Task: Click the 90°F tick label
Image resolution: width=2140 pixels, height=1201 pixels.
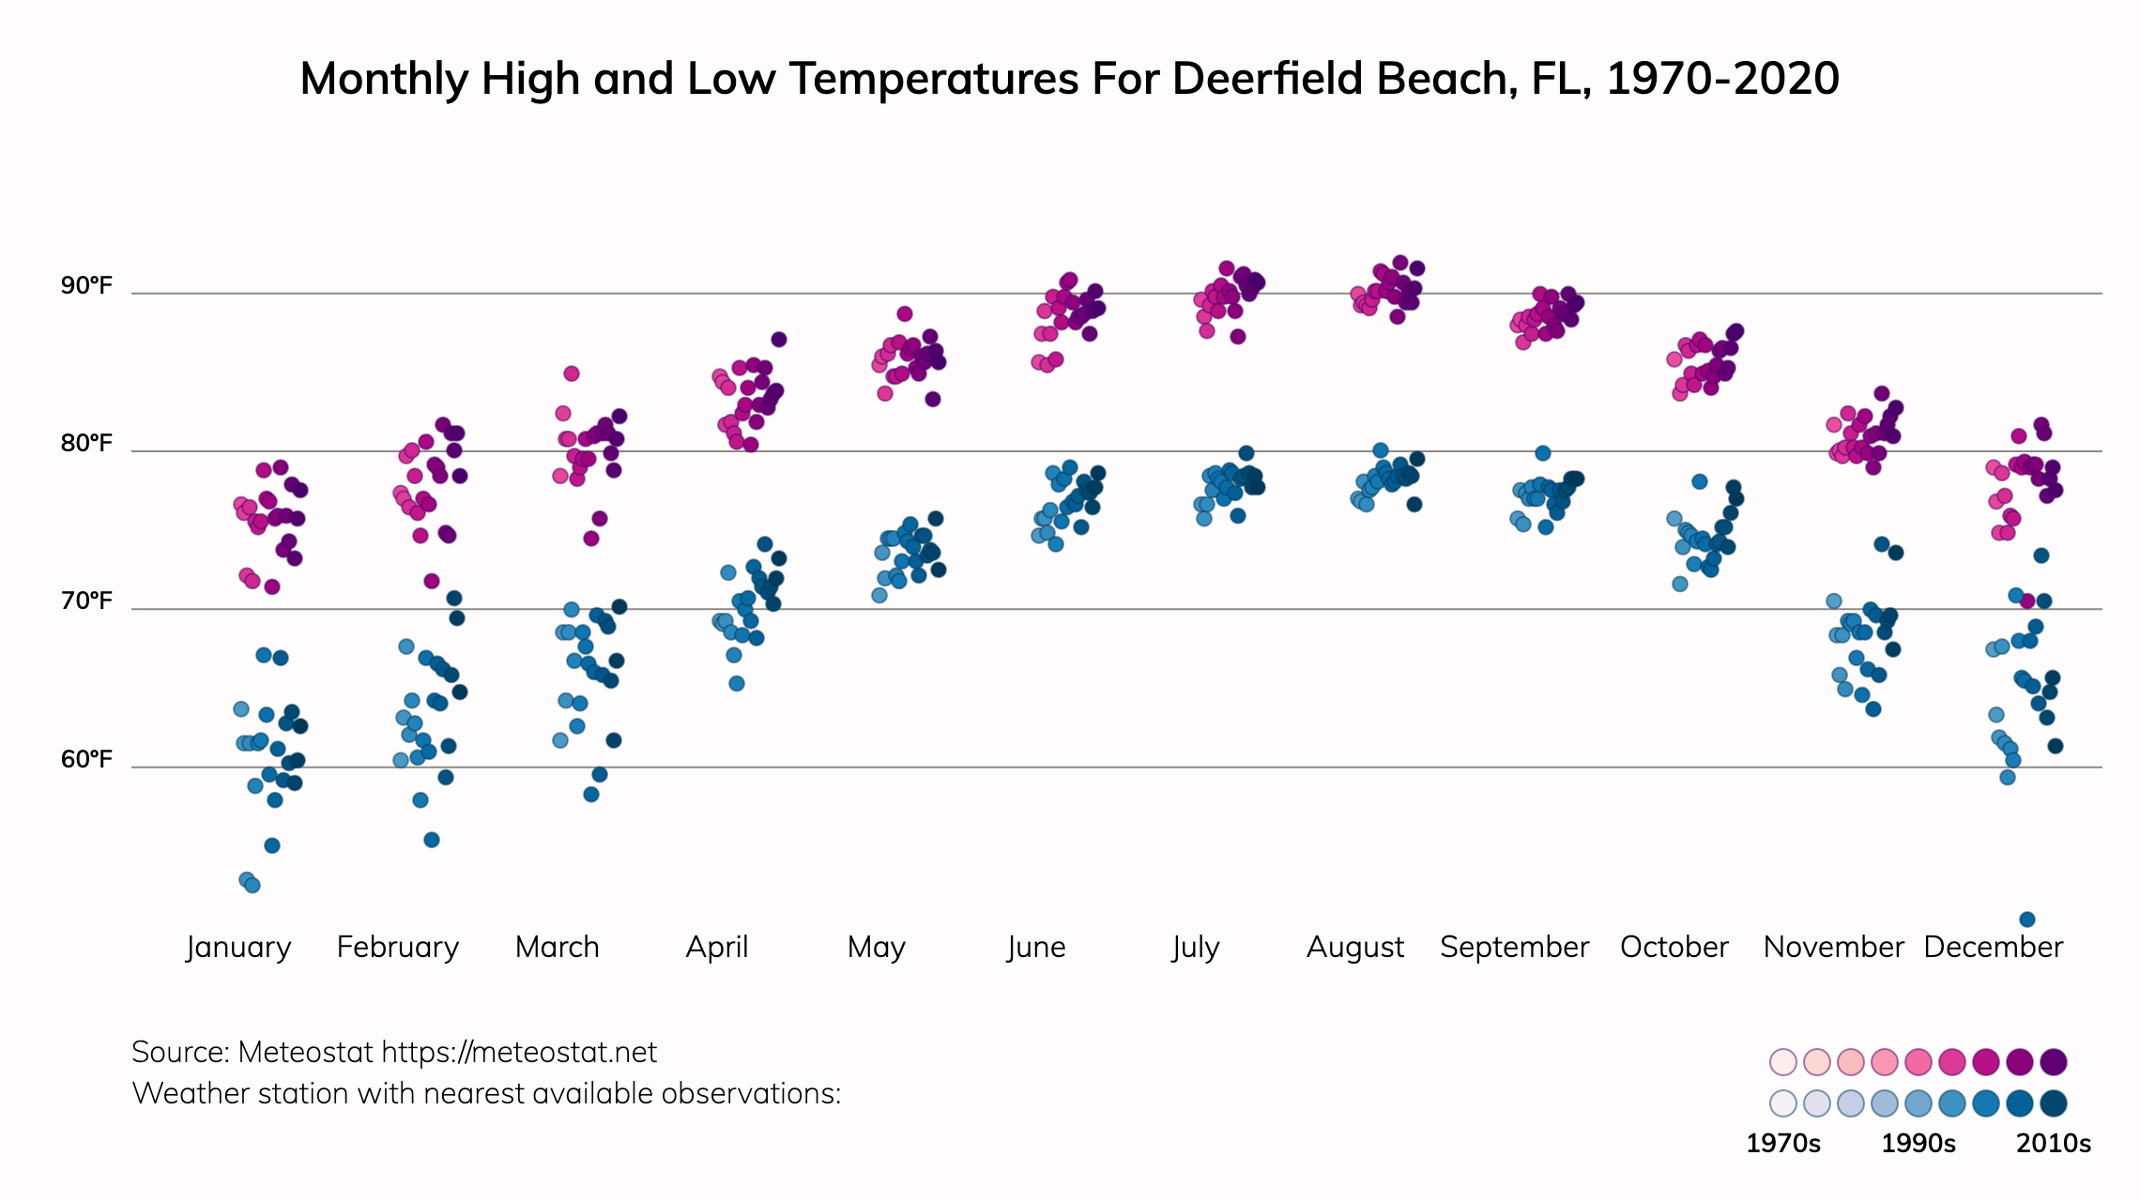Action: point(86,285)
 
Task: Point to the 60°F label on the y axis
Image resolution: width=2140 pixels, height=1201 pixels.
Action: point(86,759)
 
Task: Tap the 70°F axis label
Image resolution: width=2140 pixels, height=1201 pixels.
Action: point(86,600)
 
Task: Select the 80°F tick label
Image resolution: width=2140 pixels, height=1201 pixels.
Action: point(86,443)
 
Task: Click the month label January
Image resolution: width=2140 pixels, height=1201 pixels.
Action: point(238,947)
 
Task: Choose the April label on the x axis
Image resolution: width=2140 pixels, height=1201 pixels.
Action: point(717,947)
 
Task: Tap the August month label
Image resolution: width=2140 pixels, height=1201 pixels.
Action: point(1355,947)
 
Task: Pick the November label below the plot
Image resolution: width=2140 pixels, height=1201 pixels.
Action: point(1833,947)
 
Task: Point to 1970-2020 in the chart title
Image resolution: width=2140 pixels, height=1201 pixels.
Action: point(1722,79)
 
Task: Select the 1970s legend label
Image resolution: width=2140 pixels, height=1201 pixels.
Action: point(1782,1144)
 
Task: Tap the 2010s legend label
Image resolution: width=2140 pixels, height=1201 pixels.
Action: point(2054,1144)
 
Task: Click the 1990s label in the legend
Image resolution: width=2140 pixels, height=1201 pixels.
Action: point(1918,1144)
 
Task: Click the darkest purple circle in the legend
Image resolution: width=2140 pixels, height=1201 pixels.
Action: point(2054,1062)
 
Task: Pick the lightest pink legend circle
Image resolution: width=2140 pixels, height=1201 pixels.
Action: point(1782,1062)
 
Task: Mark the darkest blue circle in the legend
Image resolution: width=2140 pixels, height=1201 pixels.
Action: point(2054,1103)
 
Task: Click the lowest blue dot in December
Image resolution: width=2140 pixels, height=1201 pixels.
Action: point(2027,920)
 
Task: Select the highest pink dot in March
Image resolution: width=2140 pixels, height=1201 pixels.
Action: point(572,373)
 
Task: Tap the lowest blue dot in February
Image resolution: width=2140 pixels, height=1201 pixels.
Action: point(432,840)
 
